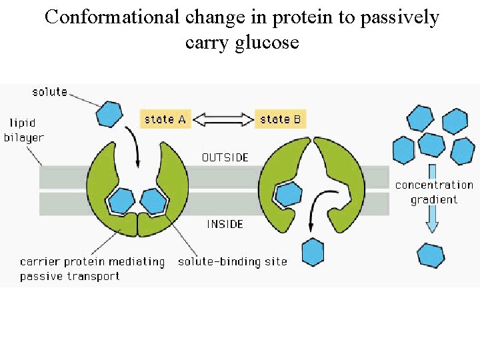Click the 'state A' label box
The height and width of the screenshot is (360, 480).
165,119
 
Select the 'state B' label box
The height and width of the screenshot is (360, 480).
280,119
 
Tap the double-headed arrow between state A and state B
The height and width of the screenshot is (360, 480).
223,119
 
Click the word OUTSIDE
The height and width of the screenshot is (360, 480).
225,157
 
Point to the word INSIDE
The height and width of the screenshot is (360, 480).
225,224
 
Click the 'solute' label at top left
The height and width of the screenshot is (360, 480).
49,91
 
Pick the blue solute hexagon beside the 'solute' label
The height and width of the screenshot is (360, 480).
109,113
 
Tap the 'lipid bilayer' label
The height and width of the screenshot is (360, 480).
26,130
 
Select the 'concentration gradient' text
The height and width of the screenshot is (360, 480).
433,192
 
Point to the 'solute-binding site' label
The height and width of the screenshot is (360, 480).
232,261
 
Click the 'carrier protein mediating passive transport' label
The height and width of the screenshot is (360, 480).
91,268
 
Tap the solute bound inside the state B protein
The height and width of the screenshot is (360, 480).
288,194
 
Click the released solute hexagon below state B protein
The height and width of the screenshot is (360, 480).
313,253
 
